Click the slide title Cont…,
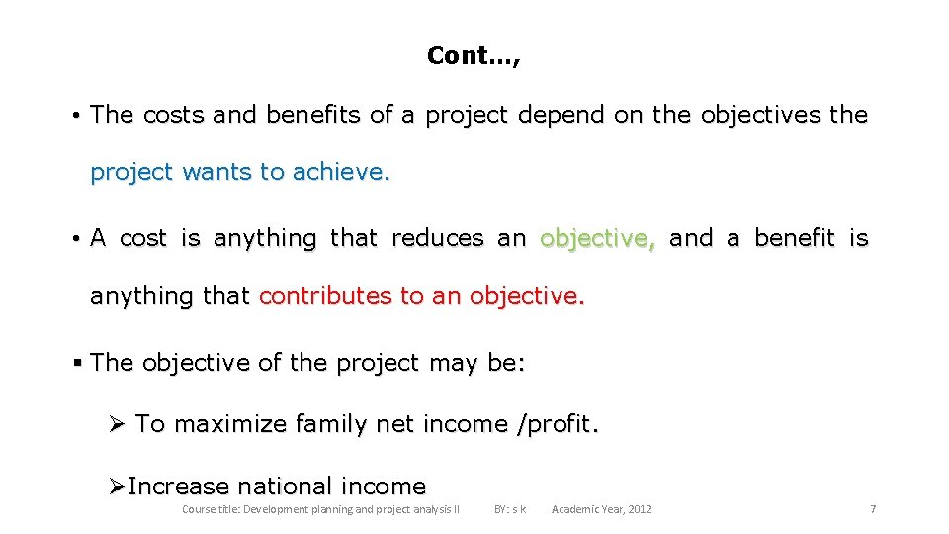[474, 56]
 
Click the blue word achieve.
[342, 172]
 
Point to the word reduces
[438, 238]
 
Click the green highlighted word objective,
[597, 238]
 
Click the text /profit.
[559, 424]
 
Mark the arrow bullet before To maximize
[117, 424]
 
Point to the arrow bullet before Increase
[117, 487]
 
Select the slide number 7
[873, 509]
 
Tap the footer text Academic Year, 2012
[601, 509]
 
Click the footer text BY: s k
[510, 509]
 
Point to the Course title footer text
[320, 509]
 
